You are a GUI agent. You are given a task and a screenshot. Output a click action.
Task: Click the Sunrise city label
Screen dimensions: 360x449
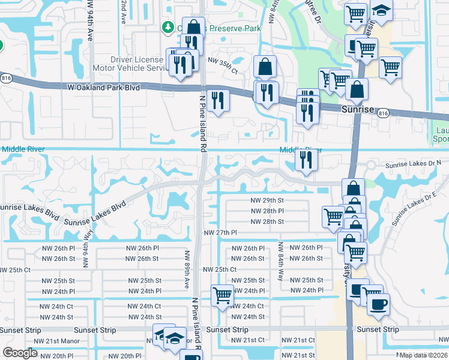tap(357, 110)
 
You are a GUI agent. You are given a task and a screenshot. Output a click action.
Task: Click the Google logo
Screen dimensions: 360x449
tap(20, 353)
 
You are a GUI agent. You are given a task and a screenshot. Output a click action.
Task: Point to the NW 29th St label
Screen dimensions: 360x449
tap(267, 200)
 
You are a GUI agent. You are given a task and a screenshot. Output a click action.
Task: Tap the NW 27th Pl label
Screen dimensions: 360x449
tap(221, 233)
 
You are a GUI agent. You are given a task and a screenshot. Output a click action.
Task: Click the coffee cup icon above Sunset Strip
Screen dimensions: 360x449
tap(378, 304)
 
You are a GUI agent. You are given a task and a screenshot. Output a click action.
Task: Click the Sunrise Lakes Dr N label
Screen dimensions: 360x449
tap(413, 164)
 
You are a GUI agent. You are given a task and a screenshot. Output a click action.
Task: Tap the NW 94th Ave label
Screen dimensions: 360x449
tap(89, 21)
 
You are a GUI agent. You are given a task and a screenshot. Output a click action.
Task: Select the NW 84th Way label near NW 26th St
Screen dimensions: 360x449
tap(280, 258)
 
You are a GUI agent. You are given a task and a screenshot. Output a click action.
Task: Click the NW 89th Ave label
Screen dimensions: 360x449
tap(187, 268)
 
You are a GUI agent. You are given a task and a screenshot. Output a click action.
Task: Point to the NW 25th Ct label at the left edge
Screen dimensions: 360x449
tap(15, 270)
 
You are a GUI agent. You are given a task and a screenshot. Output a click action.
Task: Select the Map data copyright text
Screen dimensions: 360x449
tap(424, 355)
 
